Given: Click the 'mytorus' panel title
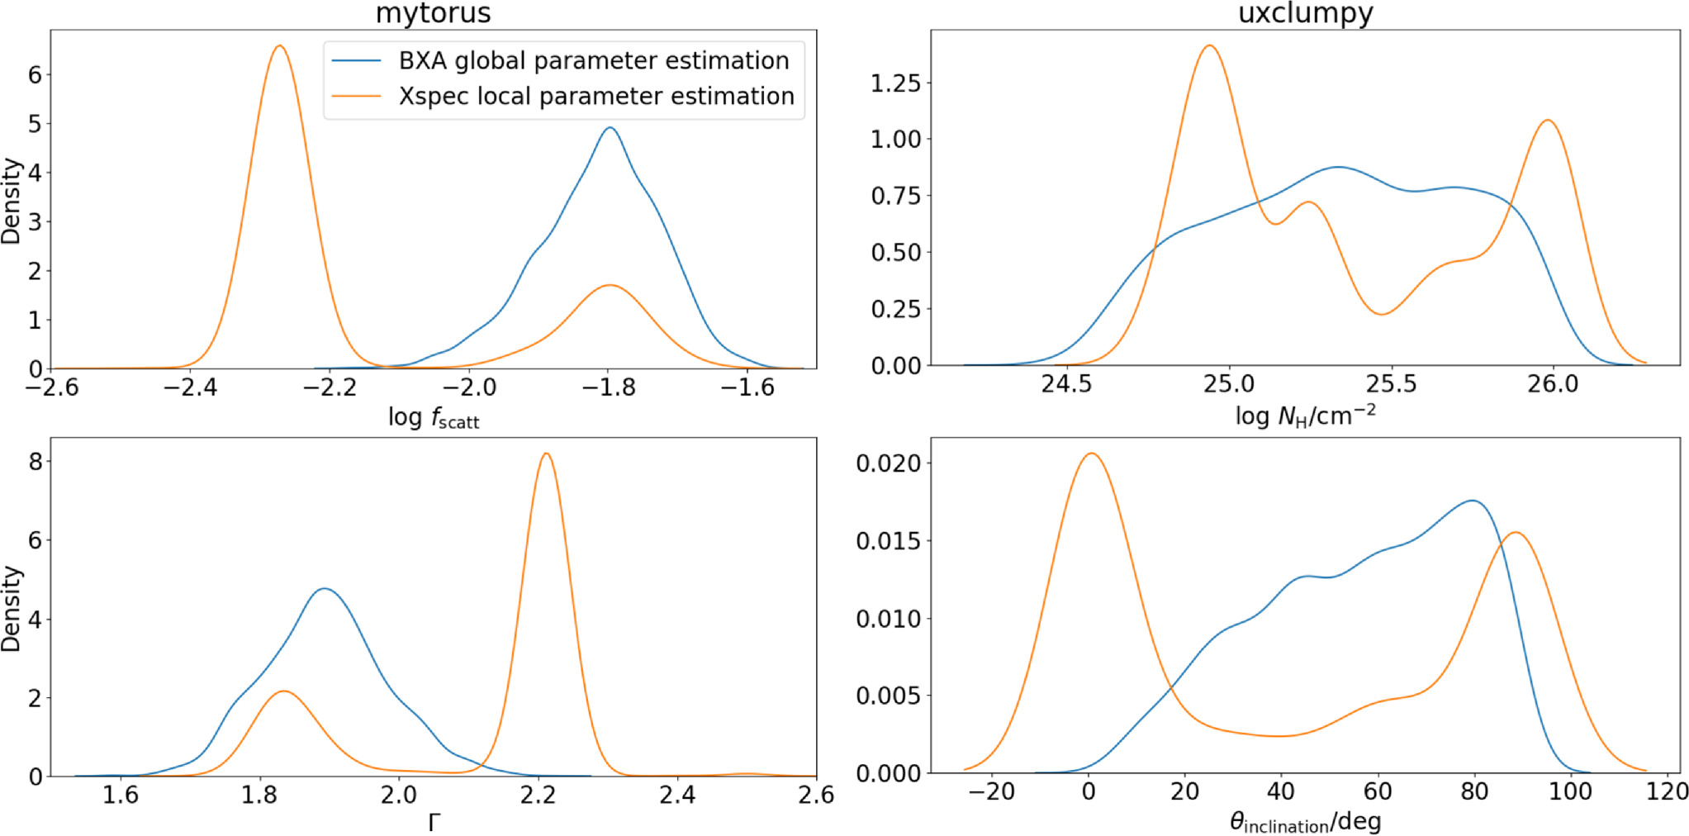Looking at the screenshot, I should pos(433,13).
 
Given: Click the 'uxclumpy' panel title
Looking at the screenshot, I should pos(1305,13).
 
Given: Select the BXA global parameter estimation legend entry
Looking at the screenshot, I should pos(593,60).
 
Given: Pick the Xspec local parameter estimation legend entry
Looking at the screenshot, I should pos(595,96).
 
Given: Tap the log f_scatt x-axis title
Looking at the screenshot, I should pos(433,417).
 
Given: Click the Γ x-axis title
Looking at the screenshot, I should pos(434,823).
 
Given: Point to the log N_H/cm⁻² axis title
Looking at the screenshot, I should pos(1305,416).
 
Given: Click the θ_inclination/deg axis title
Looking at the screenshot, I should pos(1305,822).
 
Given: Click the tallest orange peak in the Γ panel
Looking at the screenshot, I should pos(546,454).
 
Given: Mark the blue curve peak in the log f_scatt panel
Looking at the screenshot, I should pos(610,128).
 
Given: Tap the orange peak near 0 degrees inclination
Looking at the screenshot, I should pos(1091,454).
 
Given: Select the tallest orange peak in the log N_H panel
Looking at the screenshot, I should pos(1210,46).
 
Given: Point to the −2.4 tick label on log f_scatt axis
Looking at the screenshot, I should pos(190,387).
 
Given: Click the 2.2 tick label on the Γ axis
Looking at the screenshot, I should pos(538,795).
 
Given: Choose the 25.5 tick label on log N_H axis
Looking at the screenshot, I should pos(1391,384).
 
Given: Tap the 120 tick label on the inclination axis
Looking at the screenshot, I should pos(1667,791).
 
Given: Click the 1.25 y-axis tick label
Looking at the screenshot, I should pos(895,83).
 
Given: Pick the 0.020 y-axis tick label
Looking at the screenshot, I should pos(888,463).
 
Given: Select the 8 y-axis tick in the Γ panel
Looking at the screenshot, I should pos(35,461).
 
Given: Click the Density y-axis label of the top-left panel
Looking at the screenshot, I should pos(12,201).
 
